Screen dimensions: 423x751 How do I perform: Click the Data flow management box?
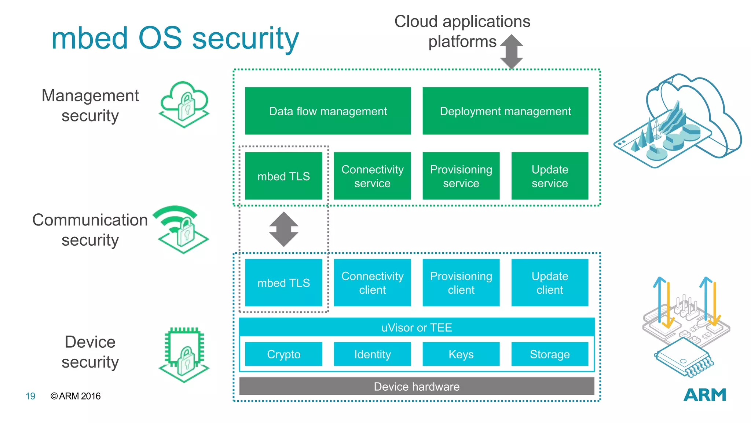[x=328, y=111]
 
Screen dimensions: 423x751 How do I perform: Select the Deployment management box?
[x=505, y=111]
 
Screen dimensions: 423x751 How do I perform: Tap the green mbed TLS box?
[x=283, y=176]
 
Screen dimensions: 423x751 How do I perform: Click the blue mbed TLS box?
[x=283, y=282]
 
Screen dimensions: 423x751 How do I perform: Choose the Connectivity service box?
[x=372, y=176]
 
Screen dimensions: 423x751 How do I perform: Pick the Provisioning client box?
[x=461, y=282]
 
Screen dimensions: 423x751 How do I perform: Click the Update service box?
[x=550, y=176]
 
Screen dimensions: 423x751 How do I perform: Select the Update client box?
[x=550, y=282]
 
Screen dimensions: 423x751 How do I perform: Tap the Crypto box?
[x=283, y=354]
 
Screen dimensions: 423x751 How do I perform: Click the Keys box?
[x=461, y=354]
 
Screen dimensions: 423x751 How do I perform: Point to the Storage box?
[x=550, y=354]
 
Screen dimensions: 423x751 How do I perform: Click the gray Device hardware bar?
[x=417, y=386]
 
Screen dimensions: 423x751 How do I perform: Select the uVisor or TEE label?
[x=417, y=327]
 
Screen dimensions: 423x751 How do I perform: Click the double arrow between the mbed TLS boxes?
[x=283, y=229]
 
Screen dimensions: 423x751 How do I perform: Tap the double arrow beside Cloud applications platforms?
[x=512, y=51]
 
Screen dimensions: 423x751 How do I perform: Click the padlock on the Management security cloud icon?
[x=186, y=106]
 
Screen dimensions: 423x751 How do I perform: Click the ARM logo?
[x=705, y=395]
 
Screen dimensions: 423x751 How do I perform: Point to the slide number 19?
[x=30, y=396]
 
